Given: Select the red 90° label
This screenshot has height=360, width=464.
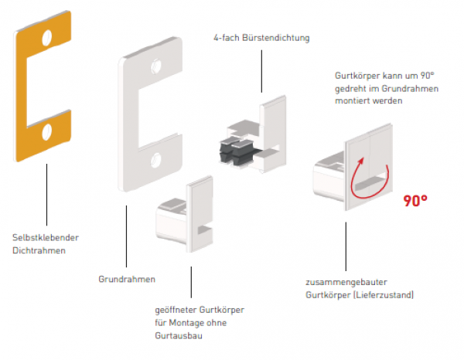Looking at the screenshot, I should pos(416,202).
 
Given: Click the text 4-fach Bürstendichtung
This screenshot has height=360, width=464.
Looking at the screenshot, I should pos(262,37).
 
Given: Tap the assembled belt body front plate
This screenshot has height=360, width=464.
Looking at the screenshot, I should pos(369,163).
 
